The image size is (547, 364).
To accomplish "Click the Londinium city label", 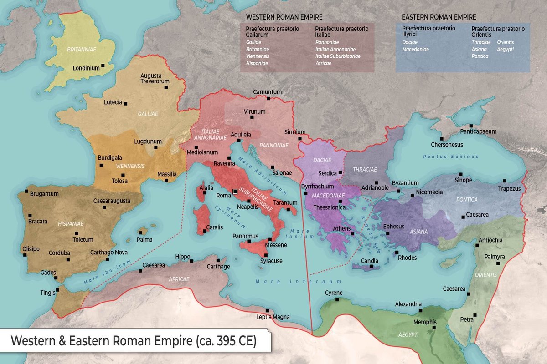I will (86, 68).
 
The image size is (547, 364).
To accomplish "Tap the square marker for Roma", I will (235, 192).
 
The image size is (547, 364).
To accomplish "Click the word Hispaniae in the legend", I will (257, 63).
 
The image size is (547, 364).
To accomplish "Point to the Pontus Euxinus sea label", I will (451, 156).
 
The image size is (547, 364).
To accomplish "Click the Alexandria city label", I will (408, 304).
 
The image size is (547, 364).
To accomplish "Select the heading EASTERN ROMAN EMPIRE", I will (439, 17).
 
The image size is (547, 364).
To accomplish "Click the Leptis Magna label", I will (273, 317).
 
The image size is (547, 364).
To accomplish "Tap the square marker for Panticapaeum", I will (471, 126).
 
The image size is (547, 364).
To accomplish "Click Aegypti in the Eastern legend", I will (505, 49).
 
